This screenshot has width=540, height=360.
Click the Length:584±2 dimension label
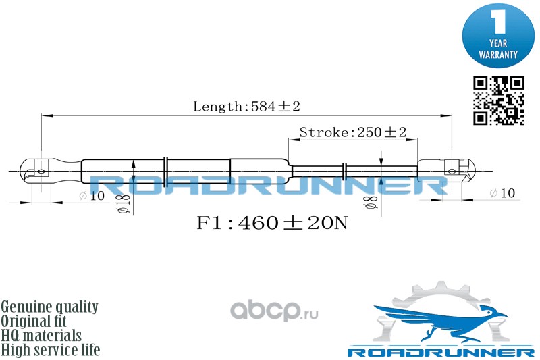(246, 106)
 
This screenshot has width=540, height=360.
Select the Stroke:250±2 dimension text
(353, 132)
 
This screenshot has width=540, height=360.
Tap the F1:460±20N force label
(272, 223)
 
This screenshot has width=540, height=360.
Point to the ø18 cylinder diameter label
(124, 204)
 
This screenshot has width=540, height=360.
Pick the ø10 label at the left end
(92, 196)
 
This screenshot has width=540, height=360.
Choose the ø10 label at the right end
(502, 193)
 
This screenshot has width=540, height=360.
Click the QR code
(499, 101)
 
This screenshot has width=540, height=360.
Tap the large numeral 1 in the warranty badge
(498, 22)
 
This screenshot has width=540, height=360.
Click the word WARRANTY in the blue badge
(498, 55)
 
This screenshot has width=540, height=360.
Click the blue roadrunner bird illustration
(441, 322)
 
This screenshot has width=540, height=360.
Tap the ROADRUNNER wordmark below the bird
(441, 352)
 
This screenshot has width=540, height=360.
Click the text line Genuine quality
(49, 307)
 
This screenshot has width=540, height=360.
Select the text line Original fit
(34, 321)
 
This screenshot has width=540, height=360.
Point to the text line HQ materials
(41, 336)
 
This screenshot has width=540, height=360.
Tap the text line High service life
(50, 350)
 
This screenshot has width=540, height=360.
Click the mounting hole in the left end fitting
(41, 171)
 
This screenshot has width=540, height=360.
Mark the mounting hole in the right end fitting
(452, 171)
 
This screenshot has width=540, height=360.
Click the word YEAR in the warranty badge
(498, 43)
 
